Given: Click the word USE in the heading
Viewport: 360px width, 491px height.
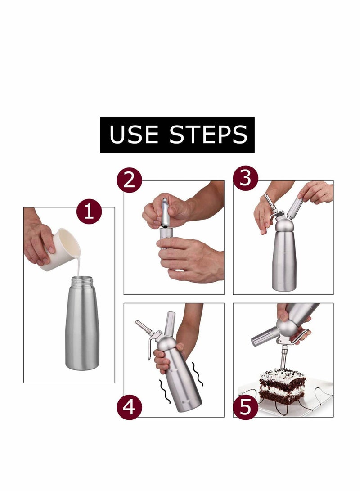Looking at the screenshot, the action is [134, 135].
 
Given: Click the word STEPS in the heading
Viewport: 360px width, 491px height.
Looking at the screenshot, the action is [208, 135].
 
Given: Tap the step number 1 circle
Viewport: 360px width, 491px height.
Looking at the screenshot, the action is [89, 212].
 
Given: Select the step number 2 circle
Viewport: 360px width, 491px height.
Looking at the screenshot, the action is [129, 180].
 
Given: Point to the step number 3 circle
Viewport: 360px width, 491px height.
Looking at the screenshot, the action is [246, 178].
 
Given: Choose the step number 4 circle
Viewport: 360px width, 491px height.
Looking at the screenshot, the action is [129, 407].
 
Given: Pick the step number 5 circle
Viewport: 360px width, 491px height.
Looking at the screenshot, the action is [246, 407].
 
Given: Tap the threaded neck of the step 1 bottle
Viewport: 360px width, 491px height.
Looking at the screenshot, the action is [82, 282].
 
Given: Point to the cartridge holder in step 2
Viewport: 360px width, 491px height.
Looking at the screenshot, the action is [166, 238].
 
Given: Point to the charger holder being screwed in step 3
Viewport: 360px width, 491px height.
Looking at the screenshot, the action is [295, 208].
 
